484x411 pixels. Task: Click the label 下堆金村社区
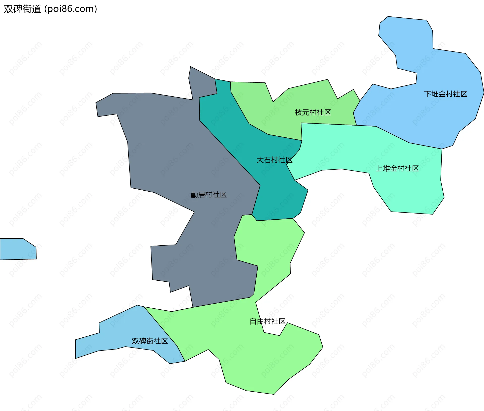pos(445,94)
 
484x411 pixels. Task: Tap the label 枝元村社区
pos(313,112)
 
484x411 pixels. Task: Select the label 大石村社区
pos(274,160)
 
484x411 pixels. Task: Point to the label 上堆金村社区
pos(397,168)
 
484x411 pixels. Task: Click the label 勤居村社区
pos(208,195)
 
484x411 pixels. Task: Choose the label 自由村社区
pos(267,321)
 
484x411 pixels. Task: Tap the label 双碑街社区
pos(149,341)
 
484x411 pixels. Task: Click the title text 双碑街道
pos(22,9)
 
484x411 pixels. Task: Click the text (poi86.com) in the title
pos(71,9)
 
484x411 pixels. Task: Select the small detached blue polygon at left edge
pos(18,249)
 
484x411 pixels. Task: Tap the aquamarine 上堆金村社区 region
pos(408,192)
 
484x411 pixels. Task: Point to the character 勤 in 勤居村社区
pos(194,195)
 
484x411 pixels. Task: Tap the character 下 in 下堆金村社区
pos(428,94)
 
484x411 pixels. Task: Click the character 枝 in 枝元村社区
pos(298,112)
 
